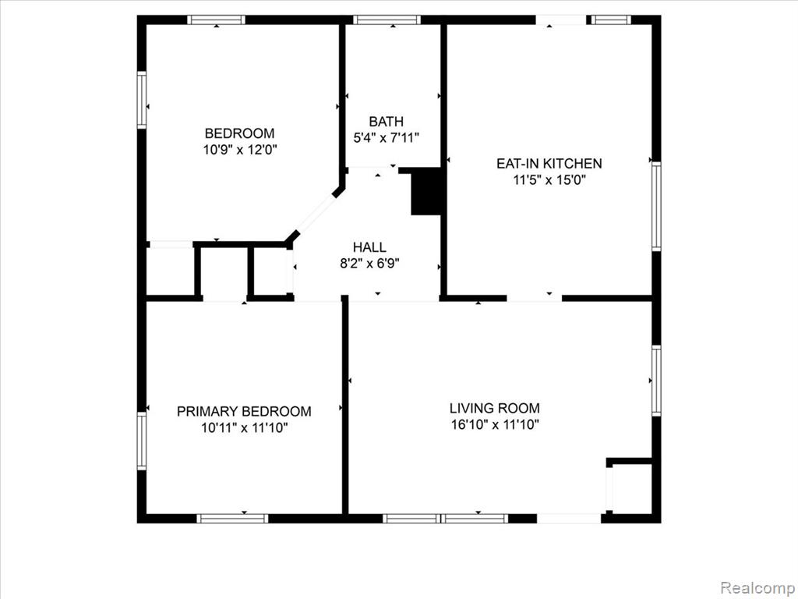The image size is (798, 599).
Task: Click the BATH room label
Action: click(386, 122)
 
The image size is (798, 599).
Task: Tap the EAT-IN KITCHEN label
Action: click(549, 164)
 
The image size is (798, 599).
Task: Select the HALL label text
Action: click(369, 247)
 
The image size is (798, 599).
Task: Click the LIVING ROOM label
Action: click(495, 408)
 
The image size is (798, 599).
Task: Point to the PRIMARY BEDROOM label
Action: click(244, 411)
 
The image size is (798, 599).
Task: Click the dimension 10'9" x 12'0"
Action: click(240, 150)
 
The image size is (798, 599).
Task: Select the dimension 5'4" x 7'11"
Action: click(386, 137)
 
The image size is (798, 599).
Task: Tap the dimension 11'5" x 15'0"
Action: click(549, 180)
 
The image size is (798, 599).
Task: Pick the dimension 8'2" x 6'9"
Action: click(369, 264)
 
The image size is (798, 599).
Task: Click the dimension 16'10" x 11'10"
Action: click(495, 424)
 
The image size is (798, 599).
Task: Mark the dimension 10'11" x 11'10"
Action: click(244, 427)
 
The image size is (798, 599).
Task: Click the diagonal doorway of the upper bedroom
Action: click(315, 215)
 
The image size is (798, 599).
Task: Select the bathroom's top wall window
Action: click(387, 19)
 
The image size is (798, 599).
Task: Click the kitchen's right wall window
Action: click(656, 206)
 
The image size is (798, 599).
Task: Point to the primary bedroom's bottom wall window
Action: click(232, 519)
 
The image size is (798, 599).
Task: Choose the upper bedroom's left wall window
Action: click(142, 99)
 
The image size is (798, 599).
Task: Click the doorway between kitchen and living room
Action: click(535, 298)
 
